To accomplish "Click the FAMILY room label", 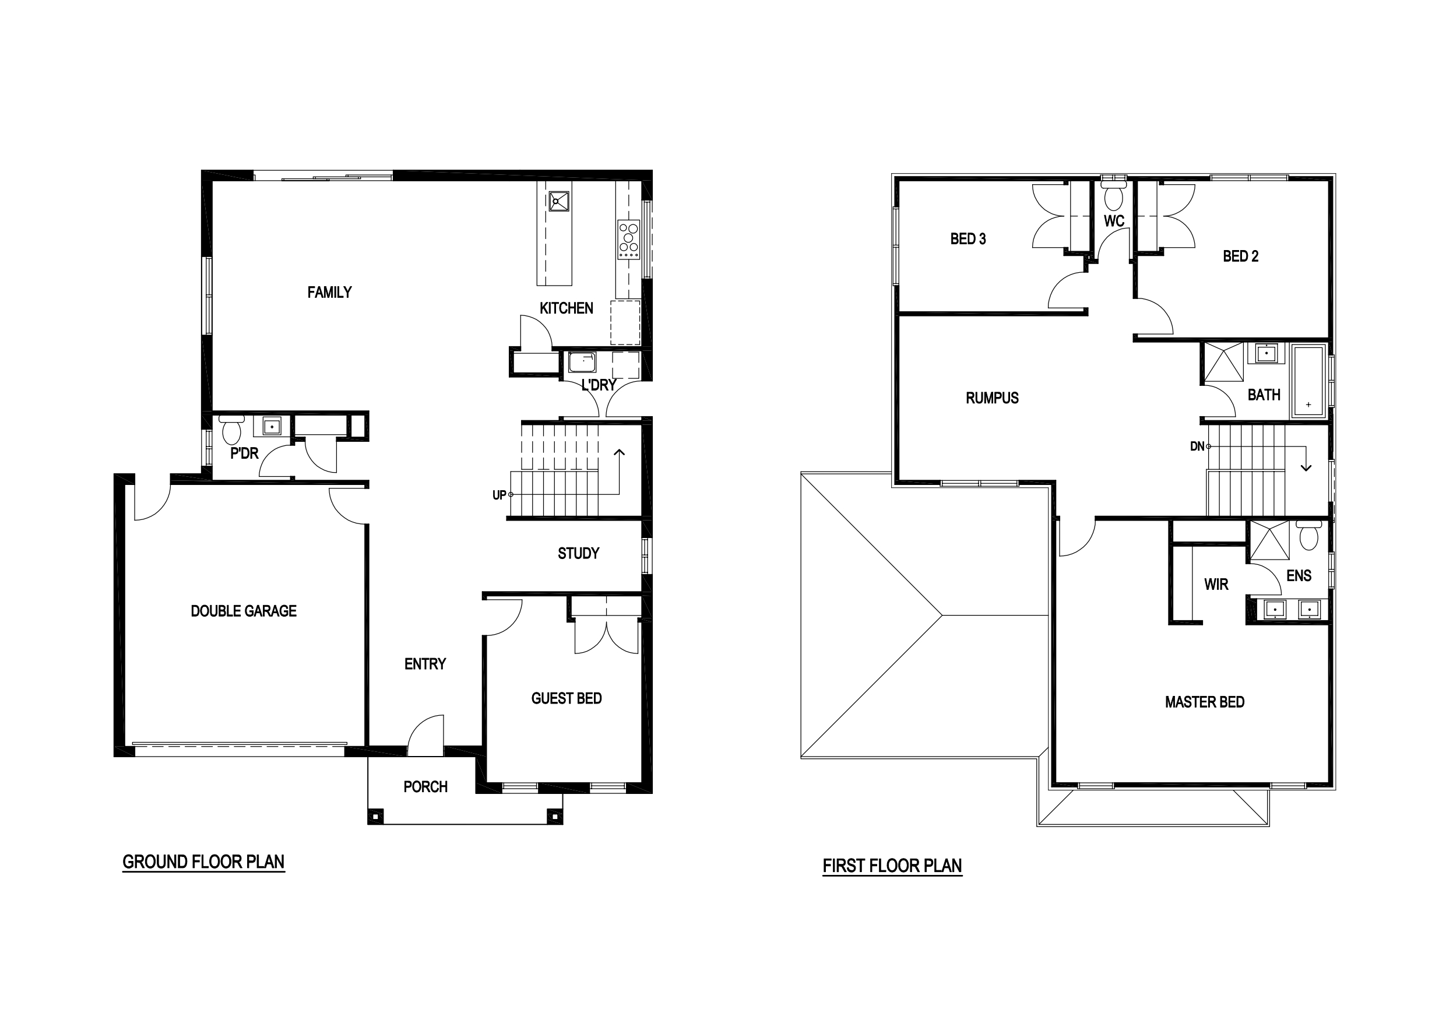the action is point(329,292).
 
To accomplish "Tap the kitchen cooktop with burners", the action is point(628,240).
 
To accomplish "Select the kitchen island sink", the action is point(558,202).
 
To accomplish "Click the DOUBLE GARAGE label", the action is point(244,611).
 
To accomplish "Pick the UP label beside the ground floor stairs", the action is point(499,495).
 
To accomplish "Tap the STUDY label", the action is point(578,554).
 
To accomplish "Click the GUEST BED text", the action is point(566,698).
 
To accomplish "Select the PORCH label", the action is point(425,787).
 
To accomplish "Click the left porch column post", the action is point(375,817).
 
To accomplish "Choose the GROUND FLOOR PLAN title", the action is point(203,862).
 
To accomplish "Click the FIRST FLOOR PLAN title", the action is point(892,866).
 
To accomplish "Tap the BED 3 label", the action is point(968,239).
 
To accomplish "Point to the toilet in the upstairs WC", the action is point(1113,195).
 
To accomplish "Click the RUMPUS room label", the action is point(992,398).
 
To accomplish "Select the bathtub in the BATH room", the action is point(1308,381).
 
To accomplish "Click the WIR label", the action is point(1216,585).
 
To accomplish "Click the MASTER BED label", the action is point(1204,702).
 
